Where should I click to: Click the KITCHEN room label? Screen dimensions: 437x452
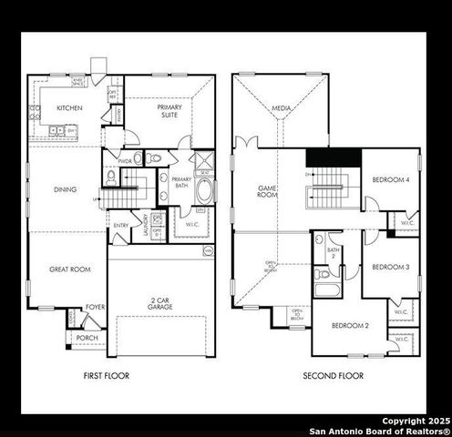[69, 107]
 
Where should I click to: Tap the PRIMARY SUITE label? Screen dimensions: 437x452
[169, 112]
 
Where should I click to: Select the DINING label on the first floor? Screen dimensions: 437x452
[66, 189]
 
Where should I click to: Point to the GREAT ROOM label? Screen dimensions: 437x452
[68, 270]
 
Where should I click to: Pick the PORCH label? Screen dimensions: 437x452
[87, 338]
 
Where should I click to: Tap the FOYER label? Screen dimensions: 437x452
[95, 308]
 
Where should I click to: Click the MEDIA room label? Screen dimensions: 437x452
[282, 108]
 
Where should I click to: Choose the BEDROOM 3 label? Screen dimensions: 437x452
[390, 267]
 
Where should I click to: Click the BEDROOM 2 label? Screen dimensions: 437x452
[350, 325]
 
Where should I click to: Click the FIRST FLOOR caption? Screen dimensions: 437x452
[107, 375]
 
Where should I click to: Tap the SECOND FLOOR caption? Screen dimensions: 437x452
[333, 375]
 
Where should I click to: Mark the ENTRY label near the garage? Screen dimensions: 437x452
[120, 225]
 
